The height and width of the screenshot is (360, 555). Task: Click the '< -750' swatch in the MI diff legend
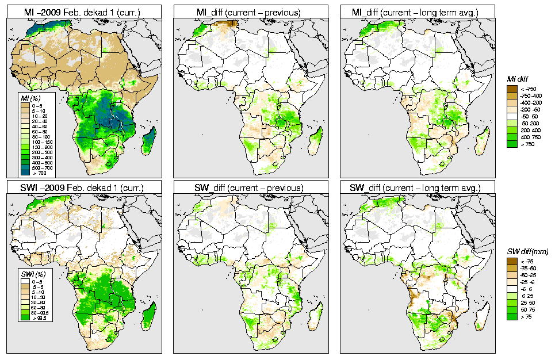point(511,89)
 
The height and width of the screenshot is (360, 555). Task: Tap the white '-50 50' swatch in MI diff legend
point(511,116)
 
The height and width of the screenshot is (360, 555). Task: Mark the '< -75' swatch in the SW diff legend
point(511,261)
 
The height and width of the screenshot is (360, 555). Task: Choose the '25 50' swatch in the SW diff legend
point(511,302)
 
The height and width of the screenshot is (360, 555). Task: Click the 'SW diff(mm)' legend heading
point(527,251)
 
